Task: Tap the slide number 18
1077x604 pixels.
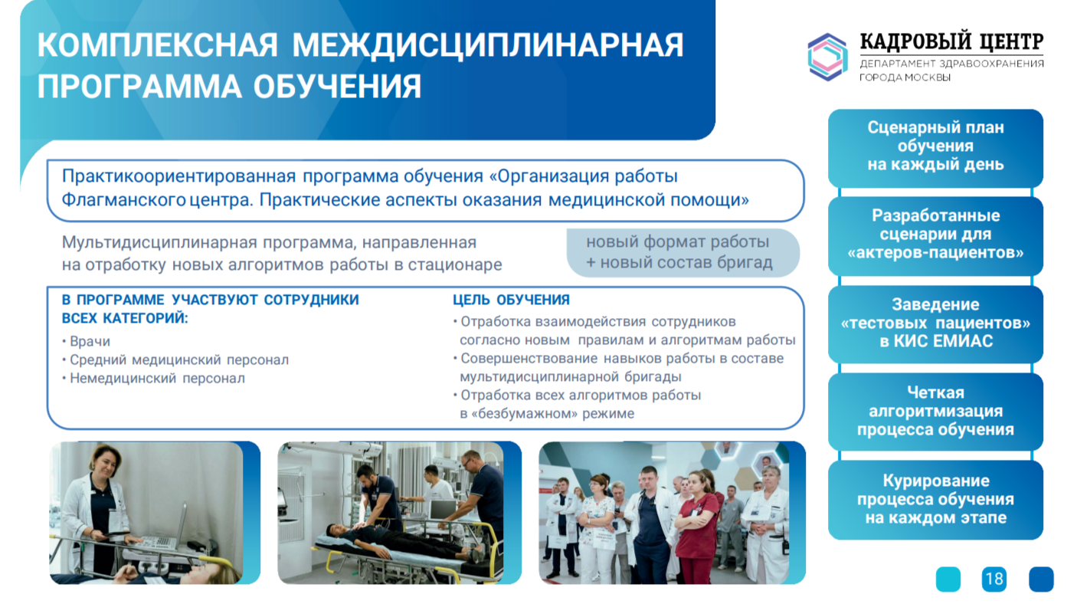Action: (x=994, y=579)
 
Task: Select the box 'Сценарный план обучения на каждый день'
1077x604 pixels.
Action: (x=935, y=148)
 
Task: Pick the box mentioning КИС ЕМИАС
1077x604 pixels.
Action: (x=935, y=324)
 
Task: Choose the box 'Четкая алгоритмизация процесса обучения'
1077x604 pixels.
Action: (x=935, y=412)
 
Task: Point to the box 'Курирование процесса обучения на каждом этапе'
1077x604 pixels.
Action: (x=935, y=500)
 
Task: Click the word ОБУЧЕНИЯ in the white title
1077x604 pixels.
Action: (x=337, y=87)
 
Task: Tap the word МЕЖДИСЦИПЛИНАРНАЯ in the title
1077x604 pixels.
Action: (x=487, y=46)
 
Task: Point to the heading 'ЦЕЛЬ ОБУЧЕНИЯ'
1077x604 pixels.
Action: (x=511, y=300)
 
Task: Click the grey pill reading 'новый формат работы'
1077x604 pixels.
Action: (x=683, y=253)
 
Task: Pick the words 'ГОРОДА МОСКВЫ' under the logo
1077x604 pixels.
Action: (x=905, y=77)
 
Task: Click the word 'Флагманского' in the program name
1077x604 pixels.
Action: (x=123, y=200)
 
